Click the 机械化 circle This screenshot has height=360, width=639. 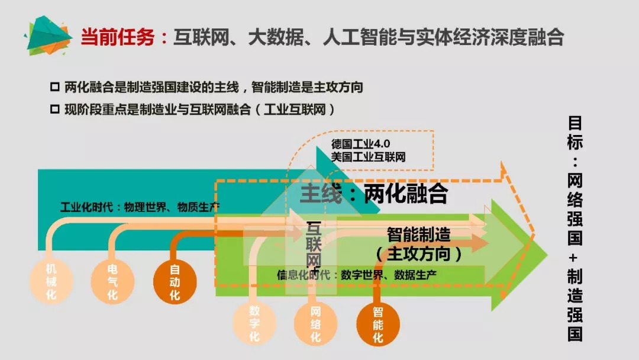point(51,281)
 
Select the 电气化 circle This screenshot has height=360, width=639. point(112,281)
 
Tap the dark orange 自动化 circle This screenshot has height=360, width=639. point(175,281)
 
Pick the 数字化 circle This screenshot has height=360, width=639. point(254,323)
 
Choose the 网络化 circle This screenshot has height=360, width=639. point(315,323)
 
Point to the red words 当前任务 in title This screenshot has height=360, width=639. point(117,37)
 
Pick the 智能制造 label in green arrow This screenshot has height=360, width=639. point(418,234)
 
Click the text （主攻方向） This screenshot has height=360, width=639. point(418,254)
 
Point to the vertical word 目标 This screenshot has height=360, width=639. point(575,133)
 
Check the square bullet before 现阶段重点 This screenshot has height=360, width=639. point(54,110)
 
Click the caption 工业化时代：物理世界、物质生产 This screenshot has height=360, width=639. point(140,207)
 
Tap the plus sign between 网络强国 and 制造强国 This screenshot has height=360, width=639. point(575,257)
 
